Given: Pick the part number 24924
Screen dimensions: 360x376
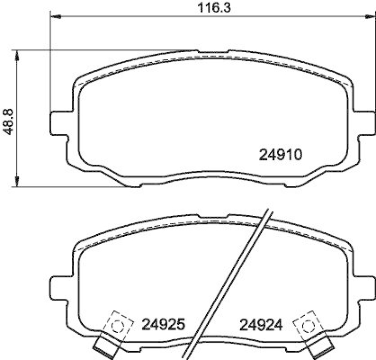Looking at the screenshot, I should coord(261,324).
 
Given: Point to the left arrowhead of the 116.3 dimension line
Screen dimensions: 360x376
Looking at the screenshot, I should coord(54,17).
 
